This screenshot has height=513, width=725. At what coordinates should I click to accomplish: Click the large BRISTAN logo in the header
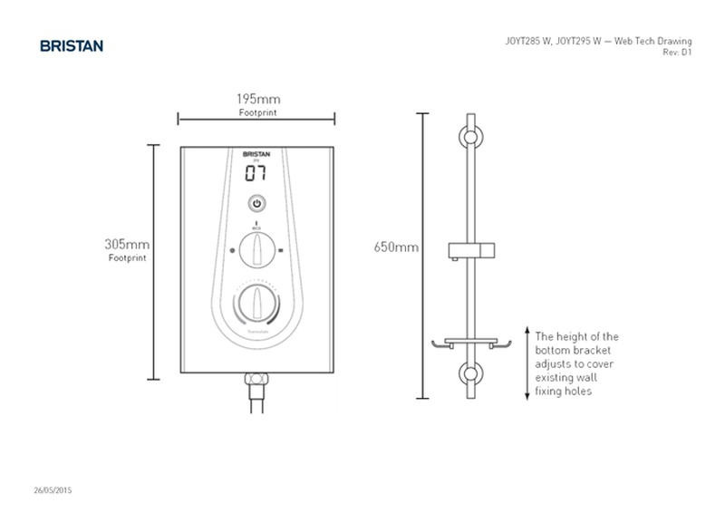tap(72, 44)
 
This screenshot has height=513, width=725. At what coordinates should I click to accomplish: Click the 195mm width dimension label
tap(257, 98)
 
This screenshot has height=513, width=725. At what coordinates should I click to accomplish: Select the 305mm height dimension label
tap(127, 245)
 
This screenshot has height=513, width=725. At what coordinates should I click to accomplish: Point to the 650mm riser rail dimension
tap(396, 247)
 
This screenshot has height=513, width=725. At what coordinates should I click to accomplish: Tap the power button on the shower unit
tap(257, 204)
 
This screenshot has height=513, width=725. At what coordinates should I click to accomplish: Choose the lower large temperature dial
tap(257, 303)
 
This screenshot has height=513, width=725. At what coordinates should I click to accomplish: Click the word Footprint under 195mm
tap(257, 112)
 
